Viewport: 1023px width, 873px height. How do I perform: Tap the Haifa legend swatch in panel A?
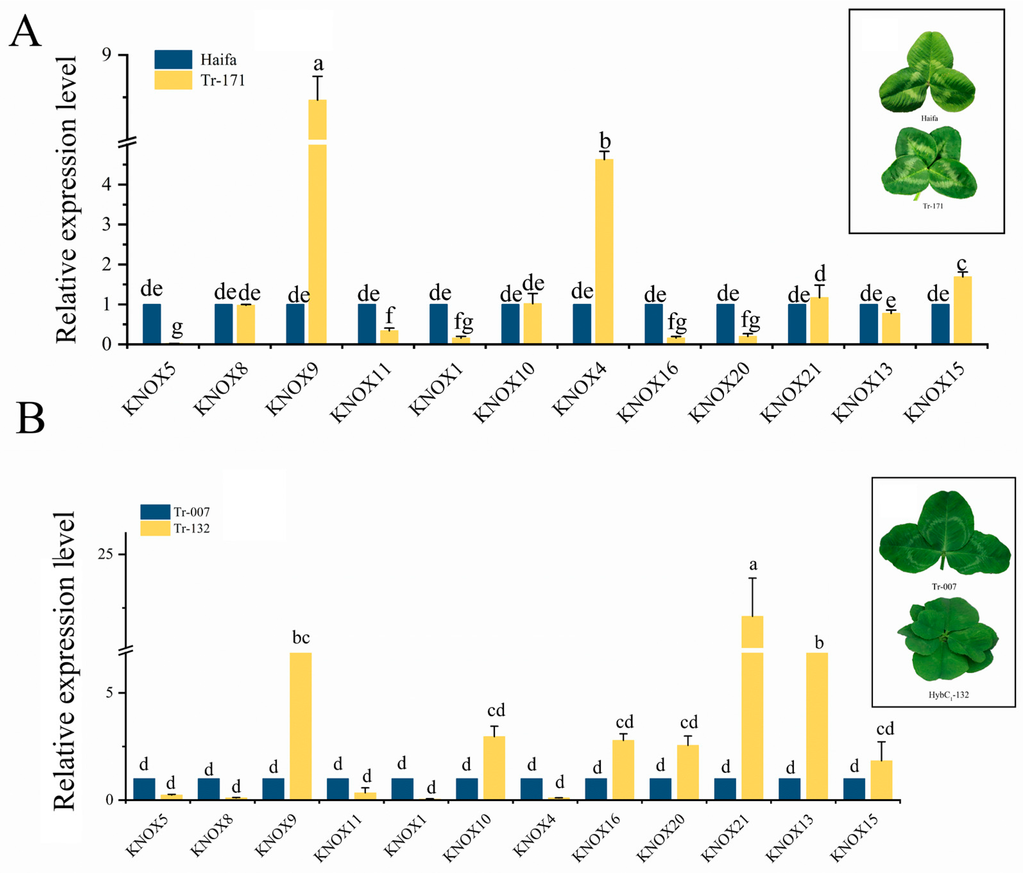click(173, 59)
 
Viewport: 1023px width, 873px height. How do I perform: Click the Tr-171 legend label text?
click(223, 80)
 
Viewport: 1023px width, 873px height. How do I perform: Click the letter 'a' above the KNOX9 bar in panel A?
click(319, 64)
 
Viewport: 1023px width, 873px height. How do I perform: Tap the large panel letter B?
click(30, 418)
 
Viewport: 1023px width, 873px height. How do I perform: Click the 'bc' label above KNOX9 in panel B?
click(301, 638)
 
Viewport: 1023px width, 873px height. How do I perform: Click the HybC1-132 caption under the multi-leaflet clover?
click(949, 695)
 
